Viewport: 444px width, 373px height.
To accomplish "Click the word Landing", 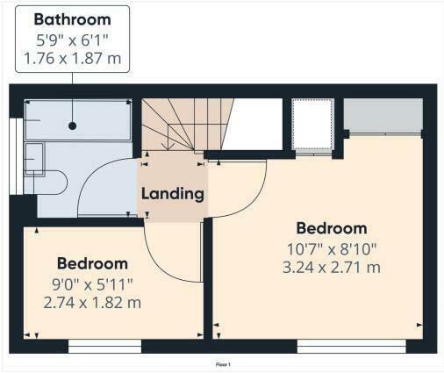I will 173,193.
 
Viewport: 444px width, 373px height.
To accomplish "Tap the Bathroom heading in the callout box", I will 73,19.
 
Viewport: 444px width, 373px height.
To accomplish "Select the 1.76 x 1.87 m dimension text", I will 73,60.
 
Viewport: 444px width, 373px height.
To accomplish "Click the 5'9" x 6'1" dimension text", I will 73,40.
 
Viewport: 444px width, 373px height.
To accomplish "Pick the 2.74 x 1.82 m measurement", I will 92,303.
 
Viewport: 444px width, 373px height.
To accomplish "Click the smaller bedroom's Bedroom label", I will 92,263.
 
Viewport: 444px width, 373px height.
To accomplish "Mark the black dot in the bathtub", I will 72,126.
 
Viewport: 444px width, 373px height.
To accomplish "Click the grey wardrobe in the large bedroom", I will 383,114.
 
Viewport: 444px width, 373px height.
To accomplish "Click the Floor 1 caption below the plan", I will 222,362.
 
